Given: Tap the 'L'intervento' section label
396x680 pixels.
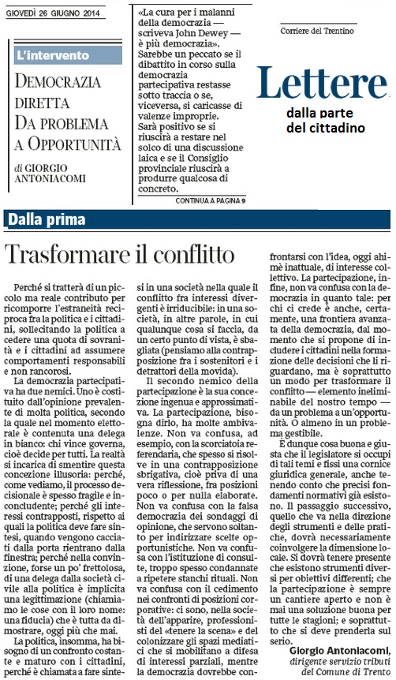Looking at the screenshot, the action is pos(53,57).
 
